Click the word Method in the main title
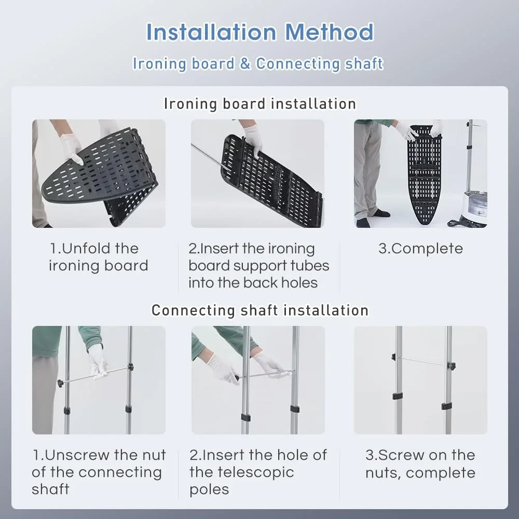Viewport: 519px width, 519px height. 329,32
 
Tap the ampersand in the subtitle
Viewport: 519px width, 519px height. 245,63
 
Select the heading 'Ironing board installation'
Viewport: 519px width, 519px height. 260,104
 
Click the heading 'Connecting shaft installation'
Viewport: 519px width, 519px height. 260,310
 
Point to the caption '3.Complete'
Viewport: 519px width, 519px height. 420,249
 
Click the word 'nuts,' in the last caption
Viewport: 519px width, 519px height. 384,473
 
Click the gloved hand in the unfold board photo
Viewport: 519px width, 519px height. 71,148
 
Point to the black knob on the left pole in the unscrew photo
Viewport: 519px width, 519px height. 61,384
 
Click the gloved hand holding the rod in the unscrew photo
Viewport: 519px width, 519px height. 98,362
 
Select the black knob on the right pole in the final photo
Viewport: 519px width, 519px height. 452,366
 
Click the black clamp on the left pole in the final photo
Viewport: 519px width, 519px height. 398,396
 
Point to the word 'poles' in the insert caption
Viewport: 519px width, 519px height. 209,489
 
